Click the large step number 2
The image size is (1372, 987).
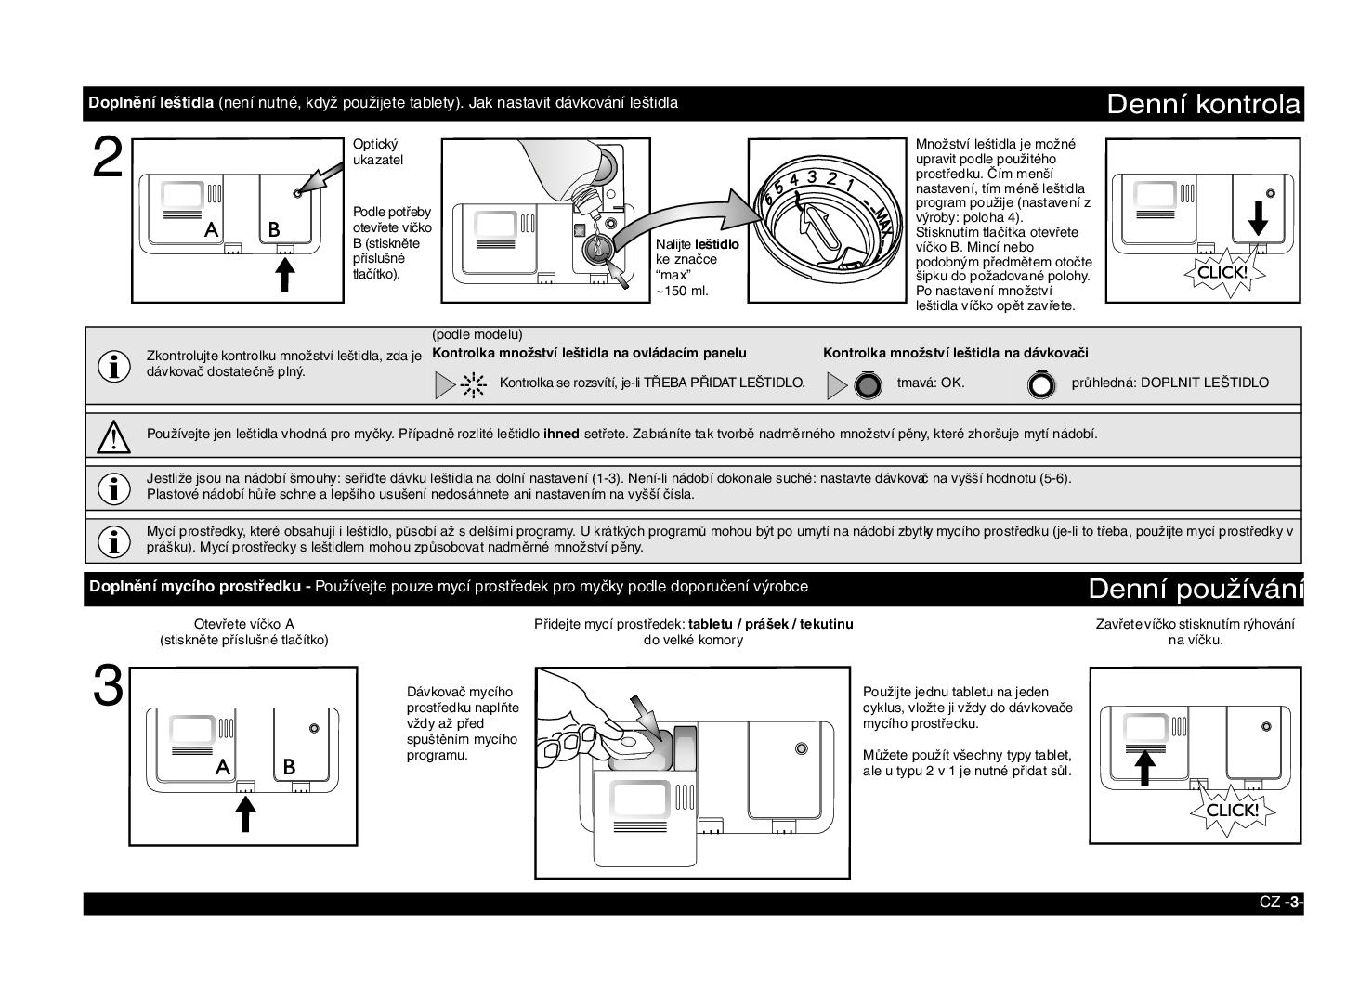108,160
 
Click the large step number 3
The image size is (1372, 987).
108,688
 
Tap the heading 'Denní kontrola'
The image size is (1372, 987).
1203,104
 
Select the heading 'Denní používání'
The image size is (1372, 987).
1195,589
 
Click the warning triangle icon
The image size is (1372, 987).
113,435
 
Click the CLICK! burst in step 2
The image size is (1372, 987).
1222,273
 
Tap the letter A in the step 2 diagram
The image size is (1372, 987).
212,229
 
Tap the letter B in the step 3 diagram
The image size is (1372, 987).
289,767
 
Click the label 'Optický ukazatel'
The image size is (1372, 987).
377,152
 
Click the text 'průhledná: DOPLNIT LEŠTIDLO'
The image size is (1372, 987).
1169,383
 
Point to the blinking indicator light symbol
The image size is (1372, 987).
474,383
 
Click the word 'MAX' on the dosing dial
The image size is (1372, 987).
883,216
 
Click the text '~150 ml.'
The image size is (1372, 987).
682,291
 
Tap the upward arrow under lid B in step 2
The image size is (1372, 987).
285,274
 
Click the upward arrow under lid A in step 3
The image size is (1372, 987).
245,813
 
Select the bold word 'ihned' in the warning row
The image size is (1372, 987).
561,434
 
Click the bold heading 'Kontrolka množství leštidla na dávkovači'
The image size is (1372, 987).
955,353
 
